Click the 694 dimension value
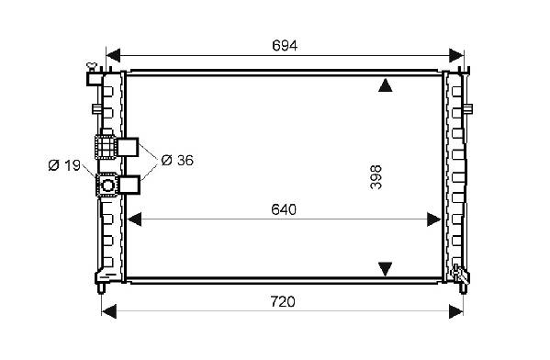click(x=285, y=46)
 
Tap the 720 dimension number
click(x=283, y=302)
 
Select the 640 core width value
click(x=284, y=209)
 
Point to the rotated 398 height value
click(x=376, y=177)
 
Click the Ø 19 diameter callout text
click(x=64, y=165)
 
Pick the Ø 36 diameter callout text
click(x=177, y=161)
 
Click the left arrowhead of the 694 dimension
click(x=113, y=55)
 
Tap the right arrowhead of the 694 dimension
click(x=456, y=55)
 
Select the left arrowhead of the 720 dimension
click(x=108, y=311)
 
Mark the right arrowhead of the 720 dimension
click(x=456, y=311)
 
